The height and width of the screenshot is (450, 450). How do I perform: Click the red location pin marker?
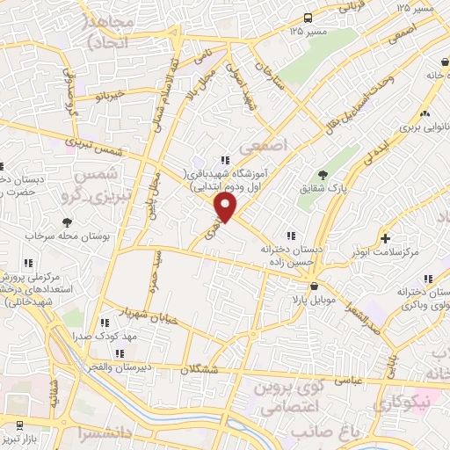click(226, 207)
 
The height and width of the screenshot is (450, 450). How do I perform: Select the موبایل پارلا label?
click(314, 300)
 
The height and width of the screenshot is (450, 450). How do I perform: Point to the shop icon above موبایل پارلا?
click(314, 287)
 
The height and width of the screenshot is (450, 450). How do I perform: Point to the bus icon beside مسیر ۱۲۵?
click(308, 18)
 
